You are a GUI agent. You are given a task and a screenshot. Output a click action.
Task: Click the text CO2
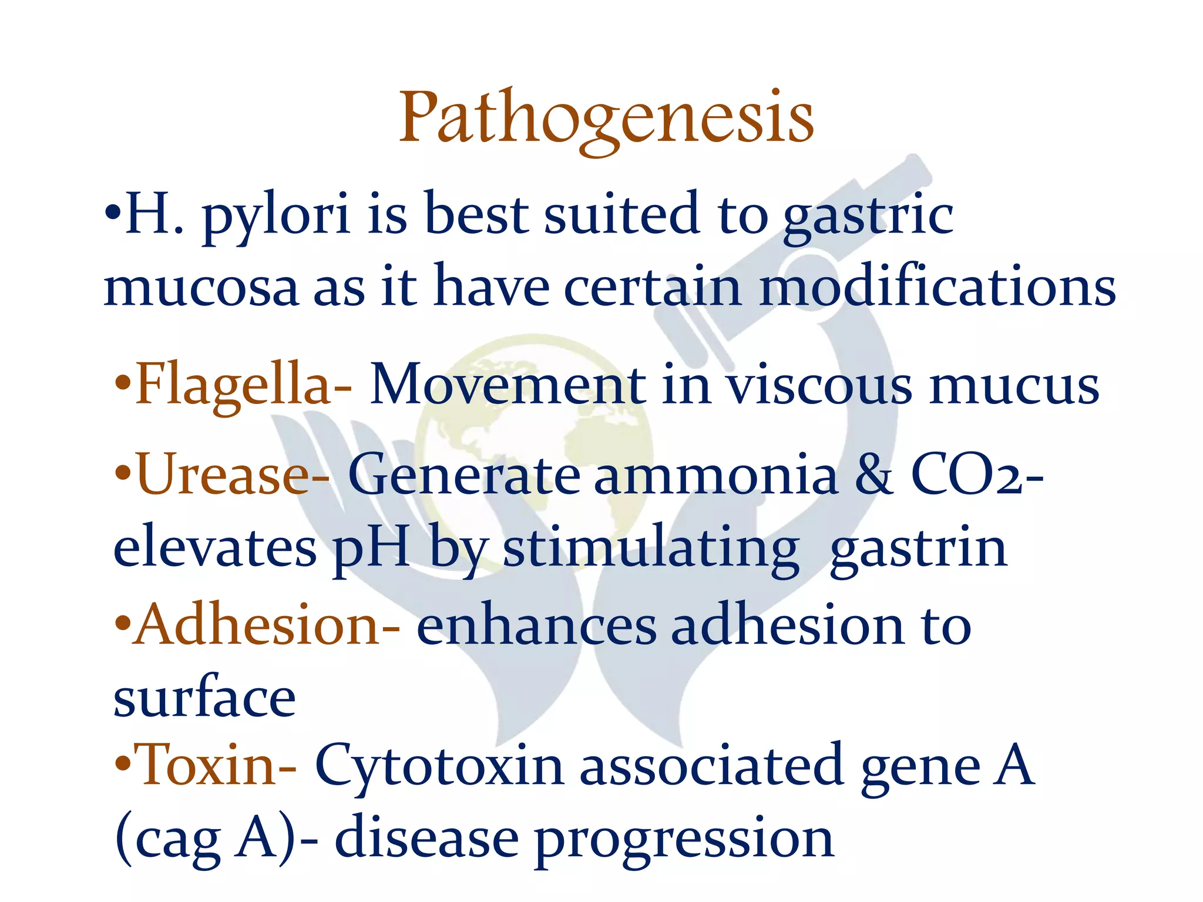pyautogui.click(x=966, y=476)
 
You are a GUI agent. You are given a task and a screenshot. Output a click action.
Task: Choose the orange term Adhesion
pyautogui.click(x=256, y=626)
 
